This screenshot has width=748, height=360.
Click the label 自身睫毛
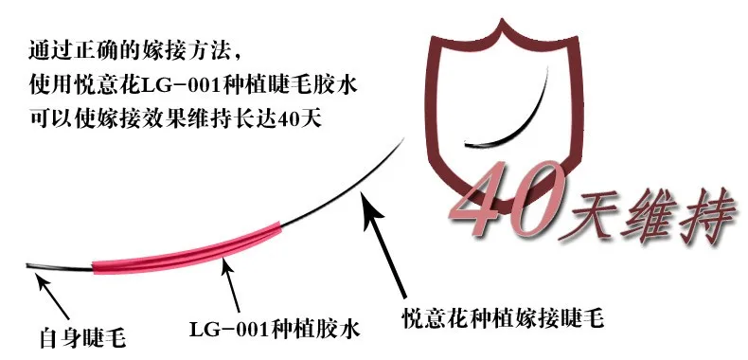(x=82, y=338)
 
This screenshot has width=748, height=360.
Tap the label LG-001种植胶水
(x=275, y=330)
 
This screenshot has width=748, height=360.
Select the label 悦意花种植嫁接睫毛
(x=503, y=317)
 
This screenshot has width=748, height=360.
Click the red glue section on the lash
(x=187, y=249)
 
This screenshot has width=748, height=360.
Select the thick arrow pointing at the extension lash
(x=384, y=243)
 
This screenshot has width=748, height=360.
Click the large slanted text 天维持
(x=648, y=216)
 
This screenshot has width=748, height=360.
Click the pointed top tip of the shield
(x=502, y=19)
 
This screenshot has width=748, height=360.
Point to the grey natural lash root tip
(x=28, y=265)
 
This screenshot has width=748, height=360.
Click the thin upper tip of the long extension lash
(x=403, y=139)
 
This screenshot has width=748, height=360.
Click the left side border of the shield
(x=433, y=110)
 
